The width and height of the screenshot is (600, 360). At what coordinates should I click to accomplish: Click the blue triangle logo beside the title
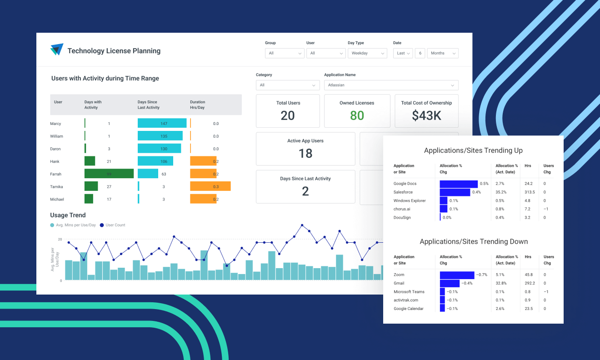(x=57, y=50)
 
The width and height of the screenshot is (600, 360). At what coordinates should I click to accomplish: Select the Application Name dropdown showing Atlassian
(x=391, y=85)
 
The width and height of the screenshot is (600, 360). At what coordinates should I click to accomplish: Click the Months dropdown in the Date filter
(x=442, y=53)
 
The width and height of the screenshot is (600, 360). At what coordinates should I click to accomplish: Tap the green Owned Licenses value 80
(x=357, y=116)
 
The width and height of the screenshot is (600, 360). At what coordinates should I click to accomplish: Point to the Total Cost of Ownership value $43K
(x=426, y=116)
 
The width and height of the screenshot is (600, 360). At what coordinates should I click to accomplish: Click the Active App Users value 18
(x=305, y=154)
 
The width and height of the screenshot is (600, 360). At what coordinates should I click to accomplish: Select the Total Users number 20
(x=288, y=116)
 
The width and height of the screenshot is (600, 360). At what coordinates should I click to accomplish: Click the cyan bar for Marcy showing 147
(x=162, y=123)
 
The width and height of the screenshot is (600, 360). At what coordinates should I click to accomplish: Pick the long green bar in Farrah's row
(x=109, y=174)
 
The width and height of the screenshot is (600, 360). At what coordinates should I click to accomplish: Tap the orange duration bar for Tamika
(x=210, y=186)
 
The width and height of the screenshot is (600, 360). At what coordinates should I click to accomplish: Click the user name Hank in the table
(x=55, y=161)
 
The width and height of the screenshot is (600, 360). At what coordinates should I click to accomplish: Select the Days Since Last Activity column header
(x=148, y=105)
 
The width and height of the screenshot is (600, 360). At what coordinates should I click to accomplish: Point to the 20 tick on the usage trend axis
(x=60, y=239)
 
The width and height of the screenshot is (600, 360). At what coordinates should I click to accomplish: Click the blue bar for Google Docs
(x=458, y=184)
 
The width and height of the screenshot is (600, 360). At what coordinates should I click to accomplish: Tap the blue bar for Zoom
(x=457, y=275)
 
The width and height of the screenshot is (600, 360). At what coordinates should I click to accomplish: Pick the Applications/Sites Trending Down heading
(x=473, y=242)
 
